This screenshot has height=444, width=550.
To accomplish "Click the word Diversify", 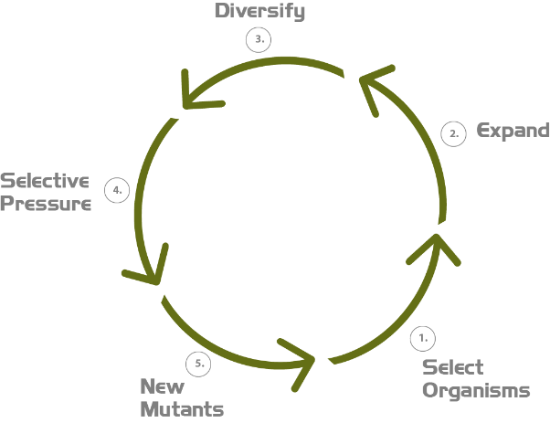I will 259,12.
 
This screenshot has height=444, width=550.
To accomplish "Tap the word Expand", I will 513,131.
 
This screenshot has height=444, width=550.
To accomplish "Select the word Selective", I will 45,182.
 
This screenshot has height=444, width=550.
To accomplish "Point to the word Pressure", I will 47,203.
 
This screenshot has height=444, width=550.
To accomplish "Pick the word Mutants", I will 182,408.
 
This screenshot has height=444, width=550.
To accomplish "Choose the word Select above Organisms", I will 451,367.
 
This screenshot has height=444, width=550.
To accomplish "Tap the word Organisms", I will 475,390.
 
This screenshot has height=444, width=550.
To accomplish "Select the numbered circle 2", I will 453,133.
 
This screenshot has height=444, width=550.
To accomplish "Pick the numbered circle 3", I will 259,40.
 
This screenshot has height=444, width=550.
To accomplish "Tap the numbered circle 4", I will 116,191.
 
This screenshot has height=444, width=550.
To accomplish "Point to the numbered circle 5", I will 198,363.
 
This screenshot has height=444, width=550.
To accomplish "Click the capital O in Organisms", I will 429,390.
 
